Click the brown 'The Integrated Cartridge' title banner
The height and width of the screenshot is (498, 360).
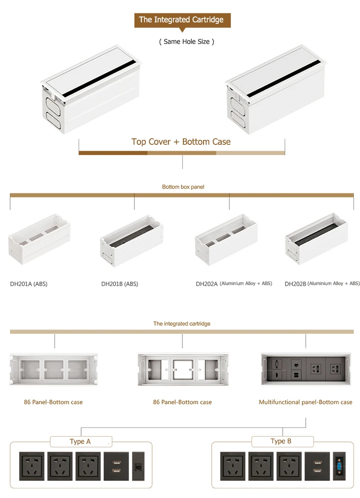pos(181,20)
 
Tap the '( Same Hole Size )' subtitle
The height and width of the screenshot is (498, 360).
pos(186,42)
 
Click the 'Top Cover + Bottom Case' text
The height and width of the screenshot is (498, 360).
pos(181,142)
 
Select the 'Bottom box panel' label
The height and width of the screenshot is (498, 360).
pos(183,187)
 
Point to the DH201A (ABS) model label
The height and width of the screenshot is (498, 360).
pos(29,284)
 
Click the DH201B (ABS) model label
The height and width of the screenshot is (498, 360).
pos(120,284)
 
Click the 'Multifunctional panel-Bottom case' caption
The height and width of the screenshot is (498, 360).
pos(305,402)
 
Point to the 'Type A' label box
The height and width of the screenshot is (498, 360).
pos(80,441)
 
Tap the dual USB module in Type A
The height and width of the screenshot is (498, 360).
pos(116,466)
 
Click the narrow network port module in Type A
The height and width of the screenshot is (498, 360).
pos(138,466)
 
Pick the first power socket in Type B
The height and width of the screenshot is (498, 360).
pos(233,466)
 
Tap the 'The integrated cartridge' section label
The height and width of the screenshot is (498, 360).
pos(182,324)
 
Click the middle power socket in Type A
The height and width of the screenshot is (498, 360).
pos(60,466)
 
